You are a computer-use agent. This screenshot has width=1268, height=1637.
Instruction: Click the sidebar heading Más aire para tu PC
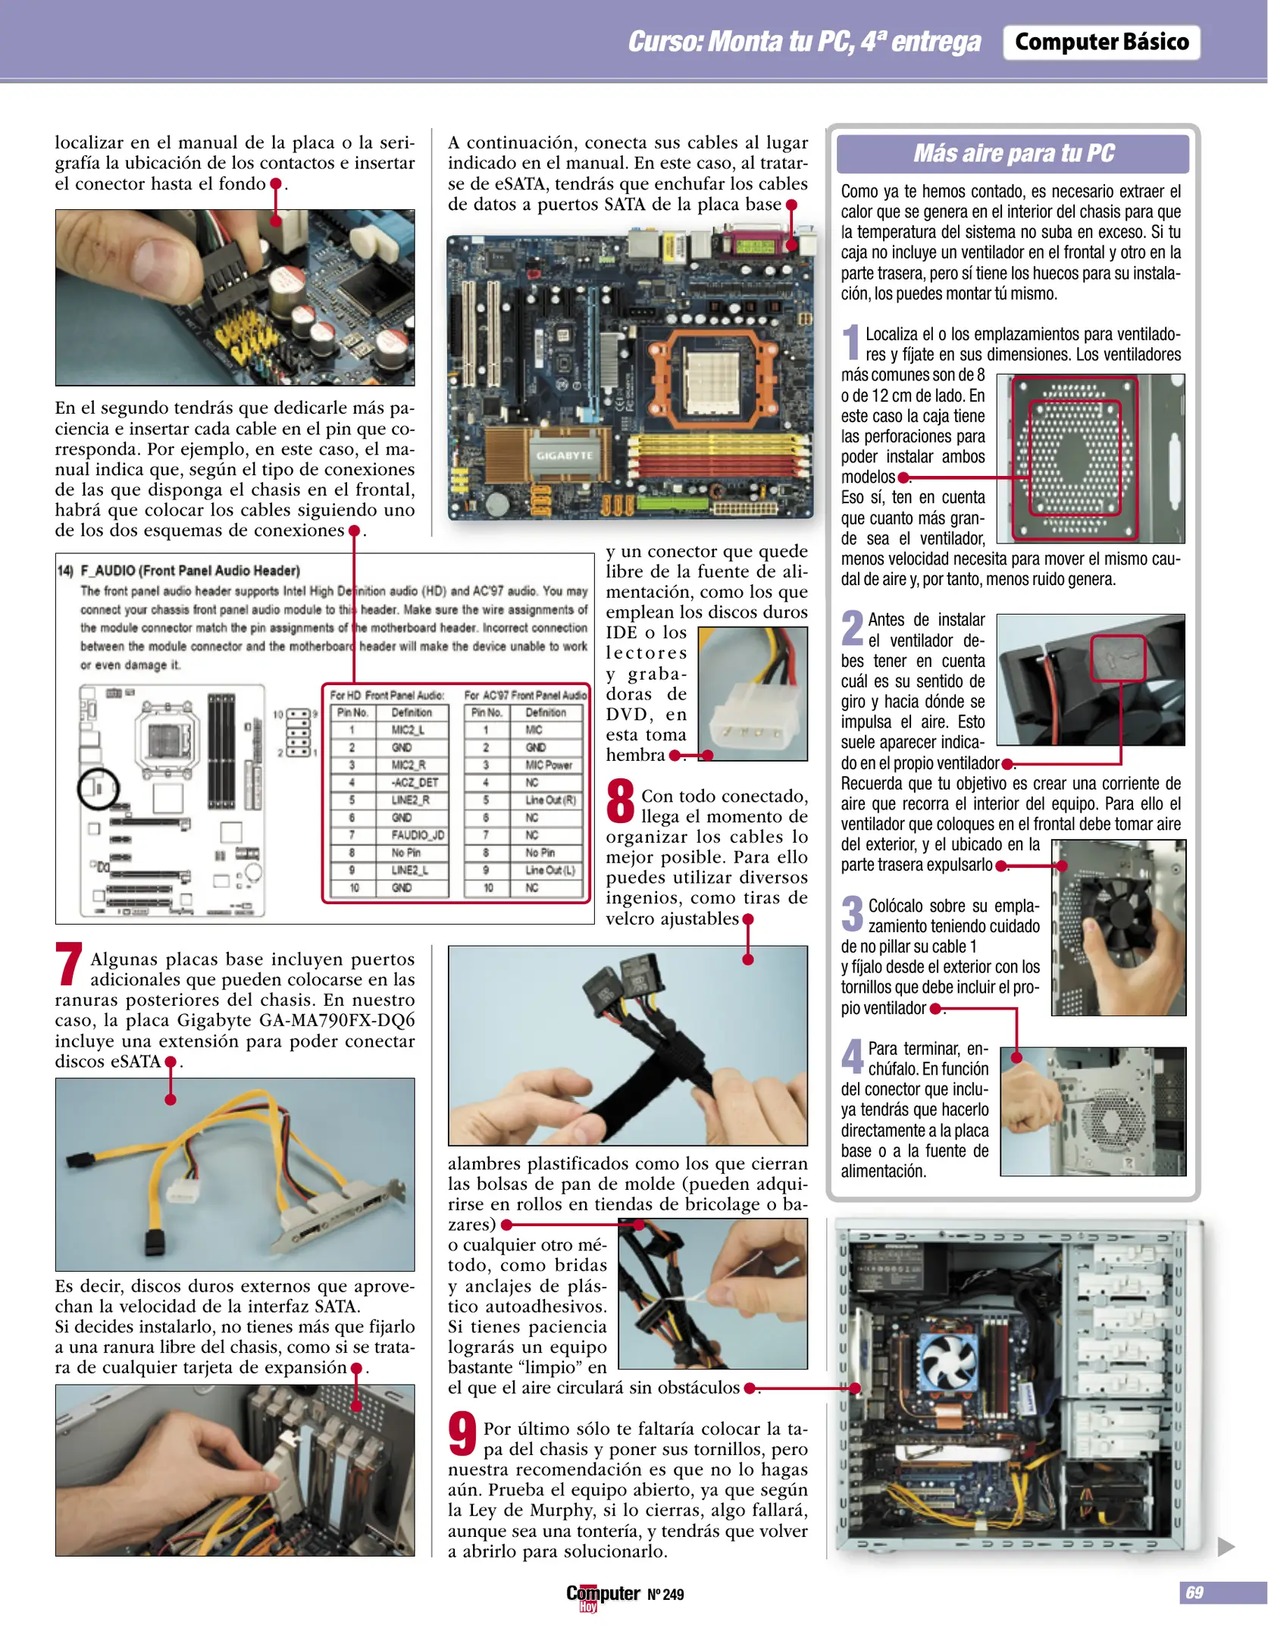coord(1013,153)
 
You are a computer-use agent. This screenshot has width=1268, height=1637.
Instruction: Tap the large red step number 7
coord(68,964)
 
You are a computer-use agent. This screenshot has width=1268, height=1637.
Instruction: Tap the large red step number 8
coord(620,801)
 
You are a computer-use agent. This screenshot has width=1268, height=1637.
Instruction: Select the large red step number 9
coord(462,1433)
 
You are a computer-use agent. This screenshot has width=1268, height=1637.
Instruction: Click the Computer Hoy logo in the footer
coord(602,1595)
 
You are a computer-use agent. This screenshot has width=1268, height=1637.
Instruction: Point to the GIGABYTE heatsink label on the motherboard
coord(565,455)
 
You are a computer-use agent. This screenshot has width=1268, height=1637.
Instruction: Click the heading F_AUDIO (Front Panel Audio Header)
coord(189,571)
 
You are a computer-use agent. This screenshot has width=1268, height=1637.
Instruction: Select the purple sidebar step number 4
coord(852,1056)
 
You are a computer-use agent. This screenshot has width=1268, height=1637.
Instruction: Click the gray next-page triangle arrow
coord(1225,1546)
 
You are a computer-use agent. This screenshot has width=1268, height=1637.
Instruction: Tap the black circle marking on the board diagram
coord(99,787)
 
